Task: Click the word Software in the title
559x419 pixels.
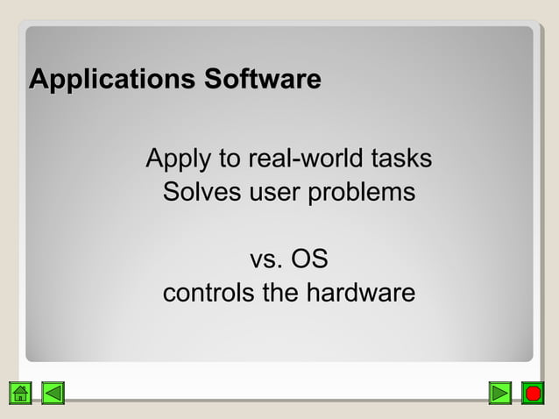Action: pyautogui.click(x=262, y=81)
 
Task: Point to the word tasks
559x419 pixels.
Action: pyautogui.click(x=401, y=160)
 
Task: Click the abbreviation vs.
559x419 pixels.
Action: pyautogui.click(x=266, y=260)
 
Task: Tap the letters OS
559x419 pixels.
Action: pyautogui.click(x=309, y=259)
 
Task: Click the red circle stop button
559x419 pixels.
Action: pyautogui.click(x=532, y=393)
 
